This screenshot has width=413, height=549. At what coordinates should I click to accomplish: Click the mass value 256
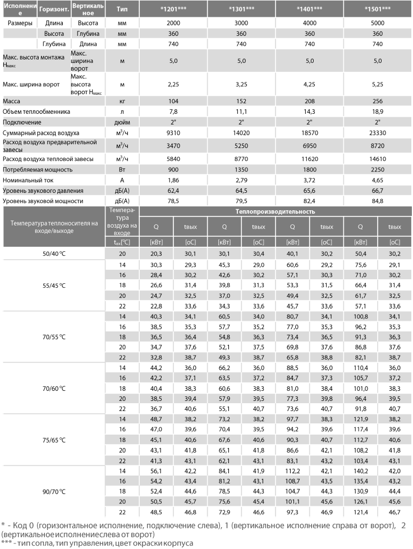pyautogui.click(x=377, y=101)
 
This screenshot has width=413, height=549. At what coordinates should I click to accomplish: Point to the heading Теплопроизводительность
pyautogui.click(x=275, y=212)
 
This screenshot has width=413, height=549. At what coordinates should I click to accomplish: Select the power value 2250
pyautogui.click(x=377, y=169)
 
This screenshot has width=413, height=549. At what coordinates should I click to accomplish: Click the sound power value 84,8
pyautogui.click(x=377, y=201)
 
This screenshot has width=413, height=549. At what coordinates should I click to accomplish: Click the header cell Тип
pyautogui.click(x=122, y=9)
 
